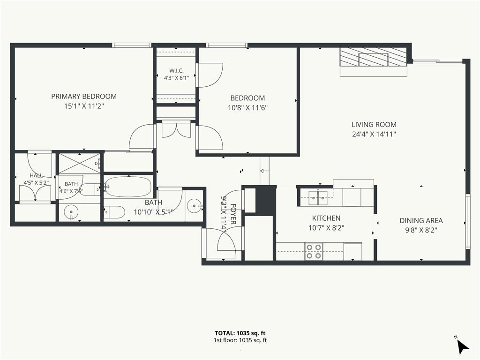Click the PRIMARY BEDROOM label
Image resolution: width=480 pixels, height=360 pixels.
click(84, 97)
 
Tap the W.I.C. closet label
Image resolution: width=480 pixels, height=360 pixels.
click(176, 71)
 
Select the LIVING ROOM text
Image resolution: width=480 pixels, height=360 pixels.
click(374, 125)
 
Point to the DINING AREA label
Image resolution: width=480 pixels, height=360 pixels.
click(421, 220)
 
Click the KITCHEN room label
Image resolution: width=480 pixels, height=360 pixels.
click(326, 218)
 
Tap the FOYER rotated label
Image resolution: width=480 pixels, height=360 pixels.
click(233, 214)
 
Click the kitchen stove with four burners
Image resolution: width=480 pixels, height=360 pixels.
click(314, 251)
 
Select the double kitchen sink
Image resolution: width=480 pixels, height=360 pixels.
click(318, 198)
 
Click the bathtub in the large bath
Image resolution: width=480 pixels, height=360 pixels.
click(128, 187)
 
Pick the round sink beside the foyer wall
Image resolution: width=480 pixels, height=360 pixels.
click(195, 205)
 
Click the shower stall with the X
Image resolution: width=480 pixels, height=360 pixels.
click(80, 163)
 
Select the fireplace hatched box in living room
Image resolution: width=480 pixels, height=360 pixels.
click(374, 57)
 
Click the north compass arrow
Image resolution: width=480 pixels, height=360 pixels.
click(462, 346)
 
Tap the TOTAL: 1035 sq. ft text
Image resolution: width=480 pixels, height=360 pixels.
click(240, 333)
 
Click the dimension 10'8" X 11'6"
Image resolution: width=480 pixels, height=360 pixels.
click(247, 108)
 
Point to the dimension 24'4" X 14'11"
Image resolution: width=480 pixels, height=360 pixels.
click(374, 134)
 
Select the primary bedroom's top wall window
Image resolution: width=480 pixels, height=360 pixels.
click(132, 45)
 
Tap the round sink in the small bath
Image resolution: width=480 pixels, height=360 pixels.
click(71, 212)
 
